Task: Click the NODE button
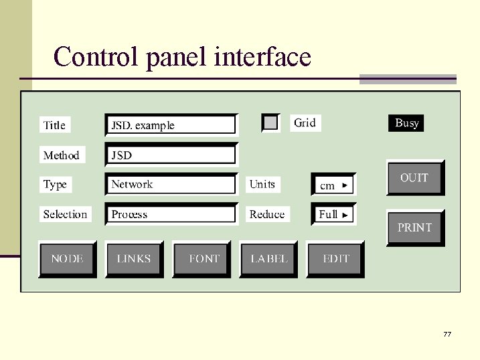(67, 259)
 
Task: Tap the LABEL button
(268, 259)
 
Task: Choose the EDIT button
(335, 259)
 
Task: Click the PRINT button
(415, 228)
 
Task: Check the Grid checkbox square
(270, 122)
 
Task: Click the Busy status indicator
(406, 123)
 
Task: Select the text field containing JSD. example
(171, 125)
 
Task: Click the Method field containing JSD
(171, 155)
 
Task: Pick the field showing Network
(171, 184)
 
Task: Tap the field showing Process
(171, 214)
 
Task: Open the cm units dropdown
(333, 185)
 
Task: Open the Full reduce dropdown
(333, 214)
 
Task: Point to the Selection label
(65, 214)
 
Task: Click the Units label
(262, 184)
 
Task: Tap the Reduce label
(267, 214)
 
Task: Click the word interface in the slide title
(262, 57)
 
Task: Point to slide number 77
(447, 333)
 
